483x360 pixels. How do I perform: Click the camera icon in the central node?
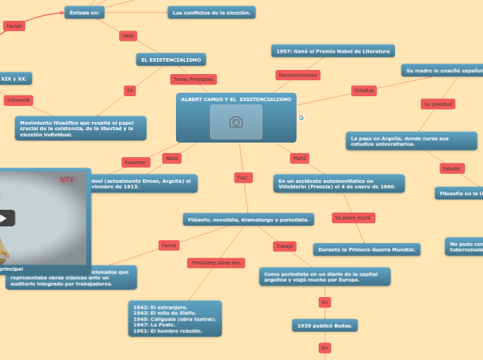click(236, 122)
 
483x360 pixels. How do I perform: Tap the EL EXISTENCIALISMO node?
click(171, 60)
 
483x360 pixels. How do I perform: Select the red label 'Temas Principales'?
click(192, 80)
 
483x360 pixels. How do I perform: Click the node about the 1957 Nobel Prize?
click(333, 51)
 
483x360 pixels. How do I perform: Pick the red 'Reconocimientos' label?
click(297, 75)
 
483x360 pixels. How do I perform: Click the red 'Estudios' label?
click(364, 90)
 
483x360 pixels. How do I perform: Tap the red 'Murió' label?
click(299, 158)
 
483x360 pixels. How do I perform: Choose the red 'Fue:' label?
click(243, 178)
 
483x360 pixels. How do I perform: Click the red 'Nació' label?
click(172, 158)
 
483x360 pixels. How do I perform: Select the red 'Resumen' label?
click(135, 162)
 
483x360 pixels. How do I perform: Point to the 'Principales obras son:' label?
click(216, 263)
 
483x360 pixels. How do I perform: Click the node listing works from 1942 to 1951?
click(175, 318)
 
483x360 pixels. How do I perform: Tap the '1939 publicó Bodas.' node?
click(324, 325)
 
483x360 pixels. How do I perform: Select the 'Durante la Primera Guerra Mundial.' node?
click(367, 249)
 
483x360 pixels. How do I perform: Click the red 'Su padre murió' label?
click(353, 218)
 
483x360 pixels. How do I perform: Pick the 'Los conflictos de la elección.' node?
click(211, 12)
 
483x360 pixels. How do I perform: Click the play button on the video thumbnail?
click(3, 218)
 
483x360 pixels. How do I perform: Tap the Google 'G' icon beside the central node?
click(301, 118)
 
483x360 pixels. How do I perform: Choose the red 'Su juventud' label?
click(438, 104)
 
